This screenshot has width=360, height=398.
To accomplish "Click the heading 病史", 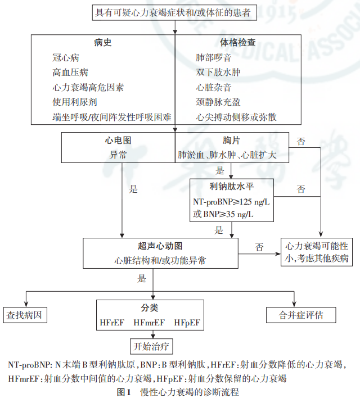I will coord(103,43).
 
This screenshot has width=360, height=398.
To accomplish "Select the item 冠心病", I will coord(66,58).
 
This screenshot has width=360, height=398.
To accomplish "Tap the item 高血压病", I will coord(70,73).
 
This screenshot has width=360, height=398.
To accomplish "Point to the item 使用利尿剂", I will coord(74,102).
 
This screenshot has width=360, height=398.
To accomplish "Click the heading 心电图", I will coord(118,140).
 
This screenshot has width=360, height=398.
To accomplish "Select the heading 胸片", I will coord(232,140).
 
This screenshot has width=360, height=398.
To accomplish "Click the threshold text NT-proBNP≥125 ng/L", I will coord(231,201).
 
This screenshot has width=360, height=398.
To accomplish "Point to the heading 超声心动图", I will coord(160,246).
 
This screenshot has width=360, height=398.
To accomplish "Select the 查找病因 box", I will coord(24,315).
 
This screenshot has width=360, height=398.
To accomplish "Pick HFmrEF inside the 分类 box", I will coord(149,323).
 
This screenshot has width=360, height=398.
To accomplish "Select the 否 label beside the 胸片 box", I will coord(301,142).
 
